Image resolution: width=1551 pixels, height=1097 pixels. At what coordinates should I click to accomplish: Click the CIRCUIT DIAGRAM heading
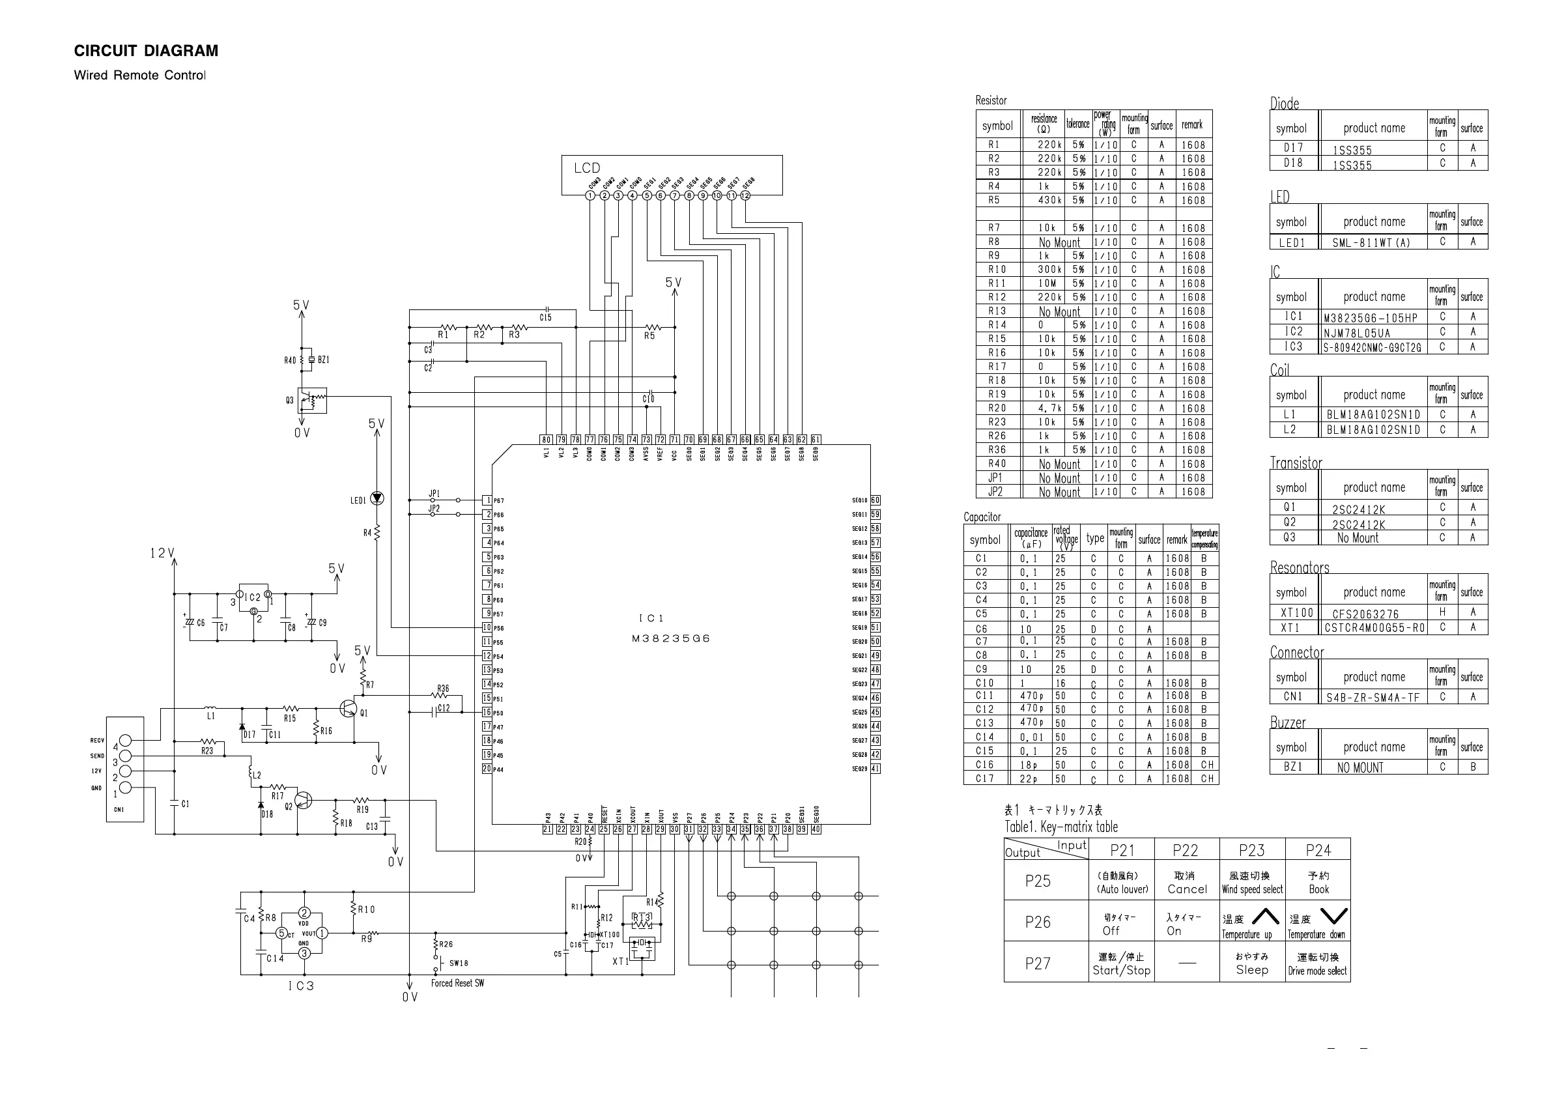pos(146,51)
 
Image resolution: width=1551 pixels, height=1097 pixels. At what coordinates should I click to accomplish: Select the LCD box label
pos(586,168)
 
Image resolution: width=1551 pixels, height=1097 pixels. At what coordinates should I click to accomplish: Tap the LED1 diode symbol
pos(377,498)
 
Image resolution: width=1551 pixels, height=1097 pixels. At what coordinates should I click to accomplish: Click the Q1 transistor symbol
pos(349,709)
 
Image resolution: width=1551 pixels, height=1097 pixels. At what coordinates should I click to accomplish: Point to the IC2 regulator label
pos(253,597)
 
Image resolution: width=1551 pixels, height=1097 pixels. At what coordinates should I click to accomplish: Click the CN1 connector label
pos(119,809)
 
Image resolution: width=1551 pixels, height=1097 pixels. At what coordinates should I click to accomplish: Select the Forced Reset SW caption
pos(457,983)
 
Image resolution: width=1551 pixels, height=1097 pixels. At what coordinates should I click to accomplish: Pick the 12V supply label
pos(162,553)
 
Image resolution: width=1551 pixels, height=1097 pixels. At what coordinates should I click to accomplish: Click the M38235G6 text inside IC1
pos(671,638)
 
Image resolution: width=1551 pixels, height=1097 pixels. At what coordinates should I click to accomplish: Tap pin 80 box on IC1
pos(547,440)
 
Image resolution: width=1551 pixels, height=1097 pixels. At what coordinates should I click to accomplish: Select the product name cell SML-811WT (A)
pos(1371,242)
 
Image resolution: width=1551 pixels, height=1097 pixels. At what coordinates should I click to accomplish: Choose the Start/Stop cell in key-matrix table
pos(1121,964)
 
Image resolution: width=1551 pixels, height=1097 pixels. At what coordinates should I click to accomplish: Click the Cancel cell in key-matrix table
pos(1187,883)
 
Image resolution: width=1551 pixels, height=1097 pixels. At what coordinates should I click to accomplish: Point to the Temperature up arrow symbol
pos(1265,917)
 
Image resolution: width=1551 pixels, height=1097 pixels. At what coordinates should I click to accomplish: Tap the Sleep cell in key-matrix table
pos(1252,964)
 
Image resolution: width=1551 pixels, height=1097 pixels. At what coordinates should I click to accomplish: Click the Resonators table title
pos(1299,567)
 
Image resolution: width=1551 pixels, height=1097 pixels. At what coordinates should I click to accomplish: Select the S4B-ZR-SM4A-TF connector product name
pos(1373,698)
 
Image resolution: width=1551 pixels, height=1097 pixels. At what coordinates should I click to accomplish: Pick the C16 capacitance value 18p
pos(1029,765)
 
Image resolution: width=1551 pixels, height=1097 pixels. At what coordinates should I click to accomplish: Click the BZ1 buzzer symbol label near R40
pos(324,360)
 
